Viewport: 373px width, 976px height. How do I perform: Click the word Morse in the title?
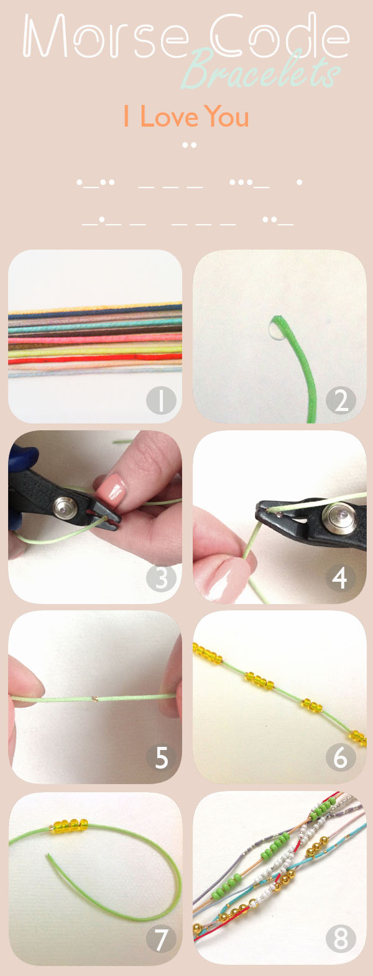106,36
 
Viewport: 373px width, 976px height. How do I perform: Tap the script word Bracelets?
261,70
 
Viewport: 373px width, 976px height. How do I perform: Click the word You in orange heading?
227,116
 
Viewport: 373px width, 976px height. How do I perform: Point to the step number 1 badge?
162,400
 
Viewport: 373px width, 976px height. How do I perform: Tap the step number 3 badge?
162,579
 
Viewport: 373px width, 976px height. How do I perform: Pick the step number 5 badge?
162,757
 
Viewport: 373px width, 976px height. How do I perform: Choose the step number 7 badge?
162,939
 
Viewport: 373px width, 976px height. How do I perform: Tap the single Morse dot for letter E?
299,183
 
